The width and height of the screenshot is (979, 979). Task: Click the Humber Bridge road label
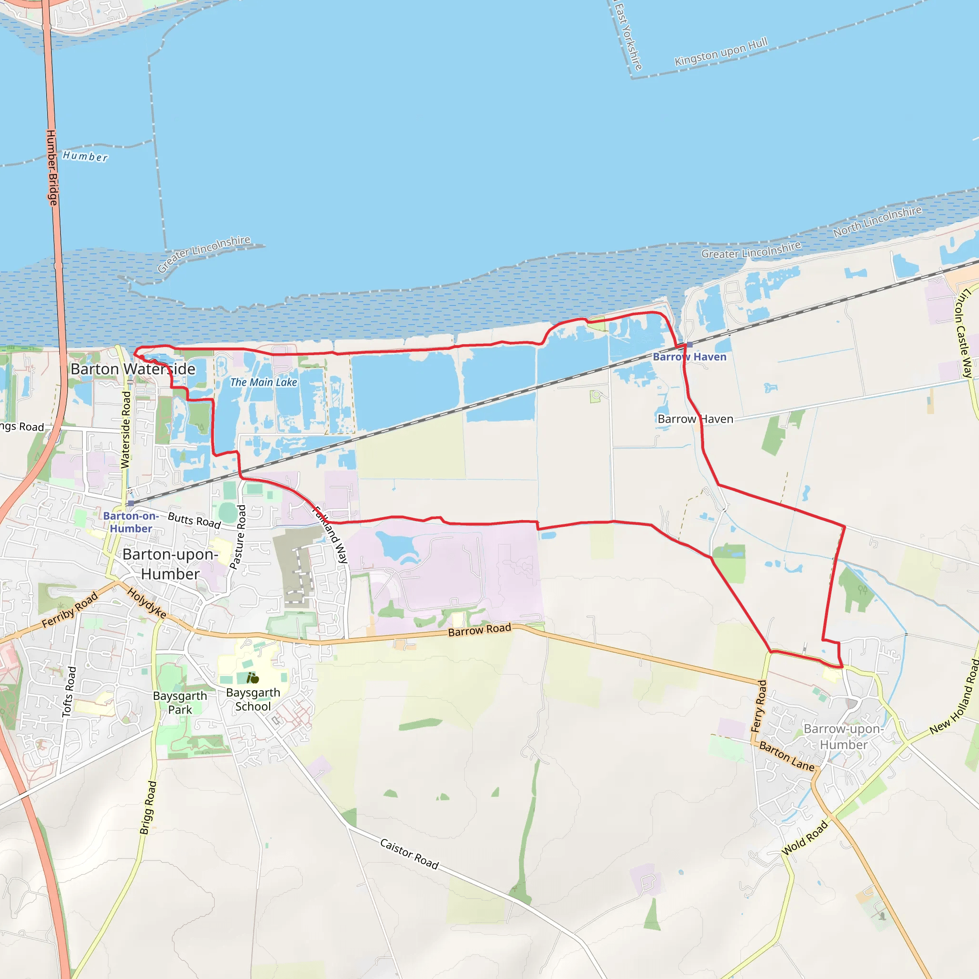[x=52, y=167]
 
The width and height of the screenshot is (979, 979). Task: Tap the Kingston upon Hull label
[x=720, y=52]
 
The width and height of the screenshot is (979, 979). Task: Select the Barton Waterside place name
[x=133, y=369]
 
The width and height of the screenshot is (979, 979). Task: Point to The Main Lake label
[x=263, y=382]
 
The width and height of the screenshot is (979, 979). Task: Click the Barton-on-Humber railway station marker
[x=131, y=503]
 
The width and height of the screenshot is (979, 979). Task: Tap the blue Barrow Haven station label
[x=689, y=357]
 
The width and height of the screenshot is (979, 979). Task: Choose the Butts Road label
[x=194, y=521]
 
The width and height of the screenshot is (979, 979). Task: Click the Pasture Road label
[x=238, y=537]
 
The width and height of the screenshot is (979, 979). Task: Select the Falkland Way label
[x=330, y=535]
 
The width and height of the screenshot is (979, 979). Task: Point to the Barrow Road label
[x=479, y=630]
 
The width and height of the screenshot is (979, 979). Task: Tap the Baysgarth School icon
[x=252, y=678]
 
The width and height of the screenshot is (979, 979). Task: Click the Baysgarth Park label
[x=180, y=703]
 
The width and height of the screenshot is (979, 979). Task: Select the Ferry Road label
[x=759, y=707]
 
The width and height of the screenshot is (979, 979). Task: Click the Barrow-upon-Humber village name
[x=843, y=737]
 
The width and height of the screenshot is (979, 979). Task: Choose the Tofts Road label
[x=69, y=692]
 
